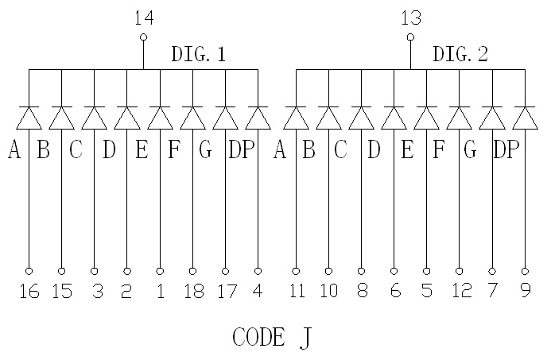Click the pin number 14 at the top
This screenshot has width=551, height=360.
[144, 18]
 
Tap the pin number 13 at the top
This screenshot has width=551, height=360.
[411, 18]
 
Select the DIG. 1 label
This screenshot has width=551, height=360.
[199, 55]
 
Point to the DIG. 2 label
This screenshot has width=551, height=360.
[460, 55]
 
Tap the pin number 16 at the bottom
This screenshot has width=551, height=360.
[29, 292]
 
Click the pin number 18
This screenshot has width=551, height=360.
[192, 292]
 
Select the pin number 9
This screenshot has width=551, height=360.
[526, 292]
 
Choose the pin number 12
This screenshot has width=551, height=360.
[460, 292]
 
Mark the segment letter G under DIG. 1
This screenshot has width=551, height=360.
[205, 150]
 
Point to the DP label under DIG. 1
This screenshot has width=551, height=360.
[242, 150]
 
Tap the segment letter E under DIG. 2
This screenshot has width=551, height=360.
[407, 150]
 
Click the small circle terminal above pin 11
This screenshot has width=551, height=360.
[297, 271]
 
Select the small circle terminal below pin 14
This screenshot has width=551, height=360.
[144, 37]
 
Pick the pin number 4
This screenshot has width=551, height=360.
[258, 292]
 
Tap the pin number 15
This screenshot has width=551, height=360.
[62, 292]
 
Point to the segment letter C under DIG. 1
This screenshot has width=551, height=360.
[76, 150]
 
